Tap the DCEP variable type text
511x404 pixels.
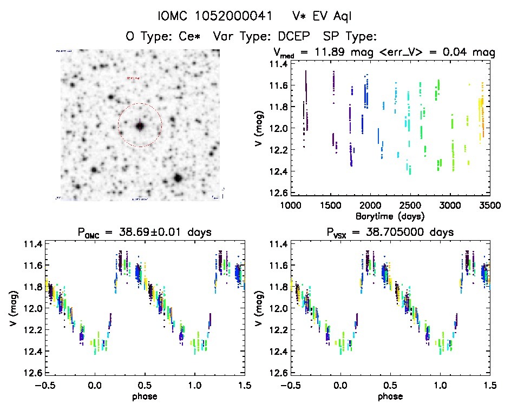pos(294,36)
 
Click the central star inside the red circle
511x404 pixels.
pos(140,125)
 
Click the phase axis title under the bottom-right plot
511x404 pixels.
pos(390,395)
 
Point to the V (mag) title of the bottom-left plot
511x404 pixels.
pos(12,308)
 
